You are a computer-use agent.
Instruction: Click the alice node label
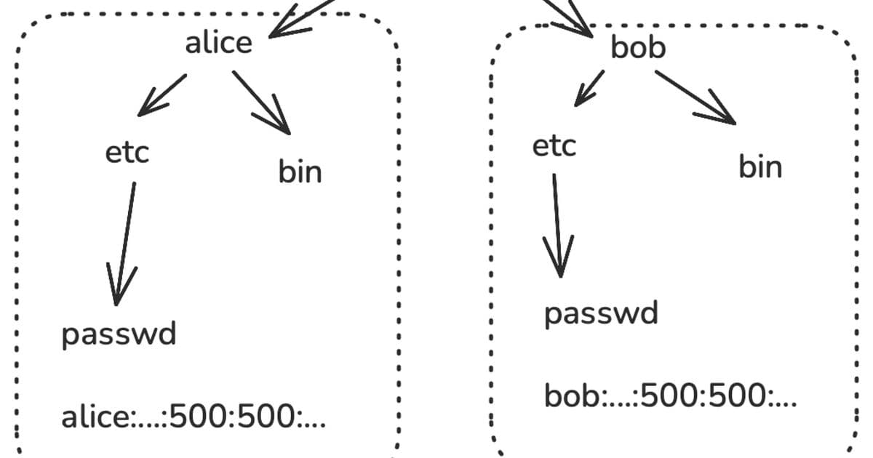click(218, 44)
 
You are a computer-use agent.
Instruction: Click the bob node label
click(638, 49)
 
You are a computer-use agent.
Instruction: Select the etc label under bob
click(554, 146)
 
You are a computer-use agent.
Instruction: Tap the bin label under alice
click(299, 173)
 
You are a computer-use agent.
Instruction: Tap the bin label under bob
click(760, 167)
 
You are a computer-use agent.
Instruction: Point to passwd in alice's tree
click(119, 335)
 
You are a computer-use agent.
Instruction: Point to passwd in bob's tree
click(601, 314)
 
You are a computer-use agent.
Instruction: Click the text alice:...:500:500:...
click(193, 419)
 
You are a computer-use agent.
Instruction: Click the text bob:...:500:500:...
click(670, 397)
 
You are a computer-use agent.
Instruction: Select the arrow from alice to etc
click(162, 95)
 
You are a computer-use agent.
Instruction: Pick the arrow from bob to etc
click(589, 87)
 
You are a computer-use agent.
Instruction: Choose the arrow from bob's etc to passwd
click(557, 225)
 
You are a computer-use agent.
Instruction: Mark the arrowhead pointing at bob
click(582, 28)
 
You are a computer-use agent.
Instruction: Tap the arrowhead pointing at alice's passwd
click(116, 291)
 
